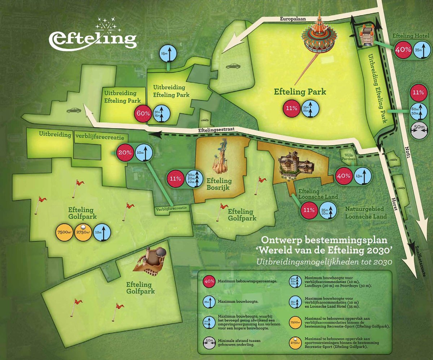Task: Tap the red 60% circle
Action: pyautogui.click(x=143, y=113)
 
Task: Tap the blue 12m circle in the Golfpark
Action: pyautogui.click(x=102, y=233)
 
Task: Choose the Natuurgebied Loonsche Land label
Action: pyautogui.click(x=365, y=213)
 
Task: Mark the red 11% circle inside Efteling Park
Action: pyautogui.click(x=292, y=108)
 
